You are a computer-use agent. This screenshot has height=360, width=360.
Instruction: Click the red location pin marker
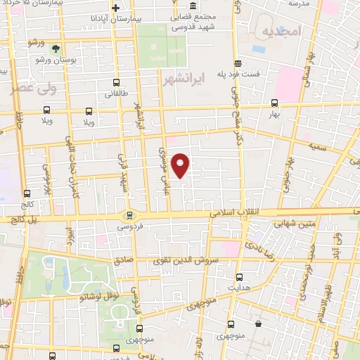[x=181, y=165]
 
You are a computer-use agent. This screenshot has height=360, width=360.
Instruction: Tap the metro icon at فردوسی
[x=129, y=216]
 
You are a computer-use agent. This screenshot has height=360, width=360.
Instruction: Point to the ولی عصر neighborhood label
[x=30, y=89]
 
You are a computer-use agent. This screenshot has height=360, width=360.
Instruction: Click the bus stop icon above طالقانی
[x=116, y=82]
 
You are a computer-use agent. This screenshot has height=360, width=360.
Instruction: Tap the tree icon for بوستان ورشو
[x=55, y=49]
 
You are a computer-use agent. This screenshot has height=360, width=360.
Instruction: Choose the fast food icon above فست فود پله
[x=238, y=62]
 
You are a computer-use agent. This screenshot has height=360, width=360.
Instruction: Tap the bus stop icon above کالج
[x=27, y=193]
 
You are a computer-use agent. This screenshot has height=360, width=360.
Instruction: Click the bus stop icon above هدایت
[x=240, y=276]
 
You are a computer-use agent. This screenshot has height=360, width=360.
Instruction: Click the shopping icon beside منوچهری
[x=261, y=325]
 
